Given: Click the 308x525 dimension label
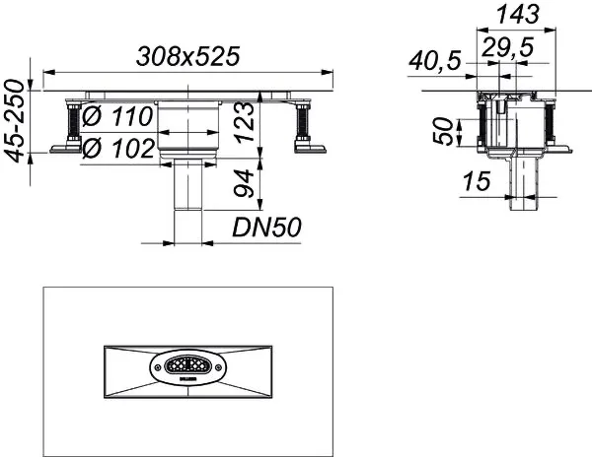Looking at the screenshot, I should (187, 57).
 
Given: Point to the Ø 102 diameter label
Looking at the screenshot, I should (117, 150).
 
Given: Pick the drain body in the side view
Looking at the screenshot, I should (515, 128).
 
